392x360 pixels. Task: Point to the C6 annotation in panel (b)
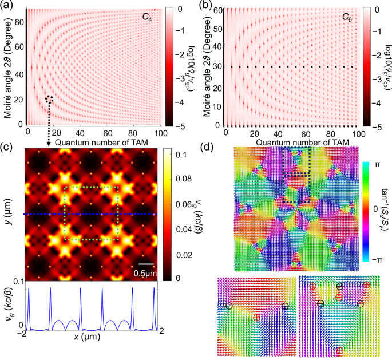tap(347, 18)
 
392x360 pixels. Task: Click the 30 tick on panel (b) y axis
tap(217, 67)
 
